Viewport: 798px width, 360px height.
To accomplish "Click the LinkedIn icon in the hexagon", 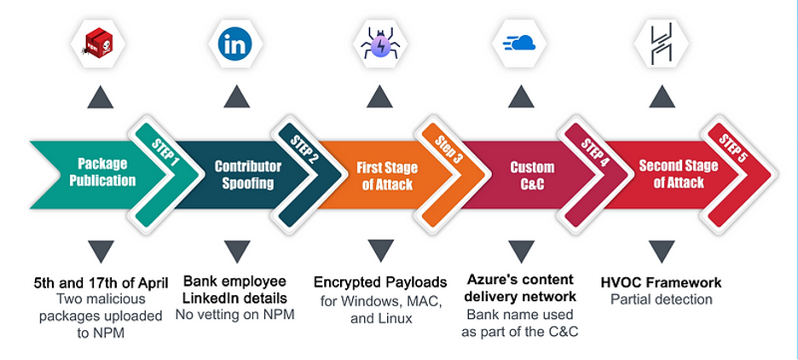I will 235,44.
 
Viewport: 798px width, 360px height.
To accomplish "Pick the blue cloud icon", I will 519,44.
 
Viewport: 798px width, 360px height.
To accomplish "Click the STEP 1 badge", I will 164,147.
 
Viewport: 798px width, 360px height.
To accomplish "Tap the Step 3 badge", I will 446,147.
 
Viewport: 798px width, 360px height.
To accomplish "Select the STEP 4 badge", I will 590,147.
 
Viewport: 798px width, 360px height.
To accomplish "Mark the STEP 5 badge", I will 732,147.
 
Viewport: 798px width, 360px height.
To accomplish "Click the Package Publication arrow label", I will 102,172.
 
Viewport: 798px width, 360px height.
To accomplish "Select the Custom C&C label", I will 531,175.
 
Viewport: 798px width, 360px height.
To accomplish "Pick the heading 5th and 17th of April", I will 101,282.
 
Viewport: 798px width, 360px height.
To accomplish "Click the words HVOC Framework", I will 661,282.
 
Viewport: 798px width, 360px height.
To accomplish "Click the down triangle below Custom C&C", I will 519,251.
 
